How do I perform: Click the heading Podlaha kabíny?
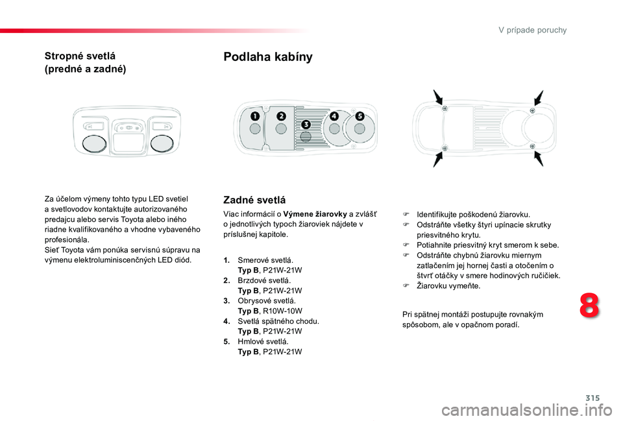point(268,57)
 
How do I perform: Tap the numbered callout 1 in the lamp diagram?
point(254,116)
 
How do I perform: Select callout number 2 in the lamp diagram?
point(281,116)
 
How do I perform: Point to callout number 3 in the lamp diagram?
point(306,125)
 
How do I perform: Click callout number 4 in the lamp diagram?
point(334,116)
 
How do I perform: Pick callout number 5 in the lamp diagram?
point(360,116)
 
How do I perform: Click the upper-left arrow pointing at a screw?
point(438,97)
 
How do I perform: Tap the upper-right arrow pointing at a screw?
point(539,97)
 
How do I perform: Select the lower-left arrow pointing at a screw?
point(438,159)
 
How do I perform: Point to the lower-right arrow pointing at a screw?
point(539,159)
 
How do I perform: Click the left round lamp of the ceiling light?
point(95,144)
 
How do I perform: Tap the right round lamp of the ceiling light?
point(162,144)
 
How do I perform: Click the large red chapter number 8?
point(589,306)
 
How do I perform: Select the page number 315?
point(592,398)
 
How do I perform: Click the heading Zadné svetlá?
point(254,200)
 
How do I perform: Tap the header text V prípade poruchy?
point(532,30)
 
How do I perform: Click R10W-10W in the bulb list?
point(282,311)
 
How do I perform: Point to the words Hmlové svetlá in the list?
point(263,342)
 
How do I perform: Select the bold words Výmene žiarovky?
point(315,215)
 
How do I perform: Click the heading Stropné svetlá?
point(80,56)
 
